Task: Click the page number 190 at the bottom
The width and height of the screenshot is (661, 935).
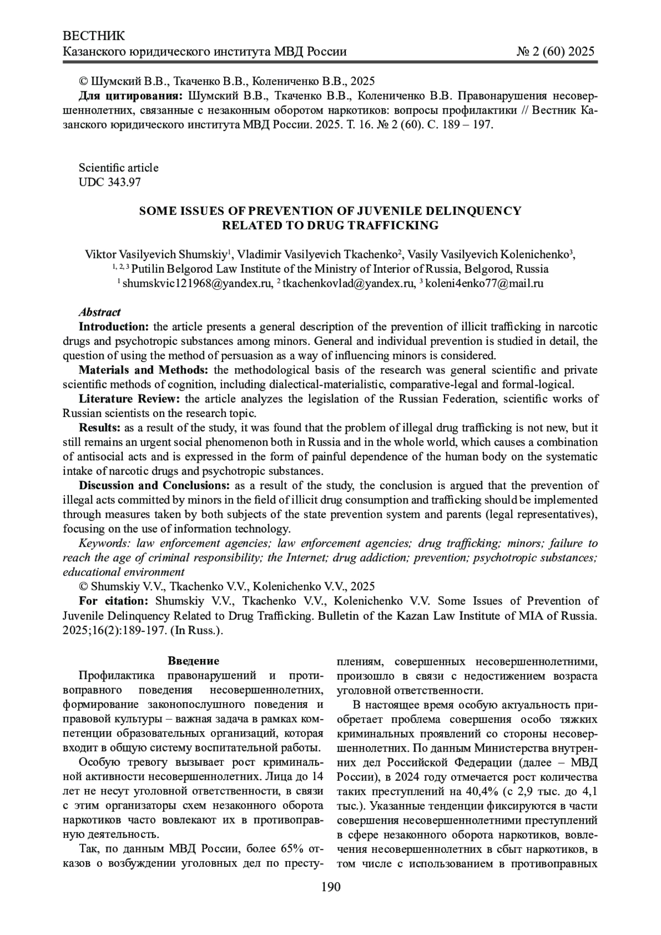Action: pyautogui.click(x=330, y=887)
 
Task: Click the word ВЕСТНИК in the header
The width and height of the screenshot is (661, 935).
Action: pyautogui.click(x=94, y=36)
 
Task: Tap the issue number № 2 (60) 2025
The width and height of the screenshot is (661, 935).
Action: pyautogui.click(x=555, y=52)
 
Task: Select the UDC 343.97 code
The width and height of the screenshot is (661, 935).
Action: pyautogui.click(x=110, y=182)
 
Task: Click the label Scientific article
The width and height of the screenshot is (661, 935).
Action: pyautogui.click(x=118, y=167)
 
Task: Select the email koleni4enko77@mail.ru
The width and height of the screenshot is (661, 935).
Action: pyautogui.click(x=484, y=283)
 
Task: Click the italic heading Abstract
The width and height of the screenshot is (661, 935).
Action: pyautogui.click(x=100, y=312)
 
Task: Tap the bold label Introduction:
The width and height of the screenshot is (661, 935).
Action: pyautogui.click(x=113, y=327)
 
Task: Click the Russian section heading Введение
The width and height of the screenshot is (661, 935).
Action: pyautogui.click(x=193, y=661)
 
